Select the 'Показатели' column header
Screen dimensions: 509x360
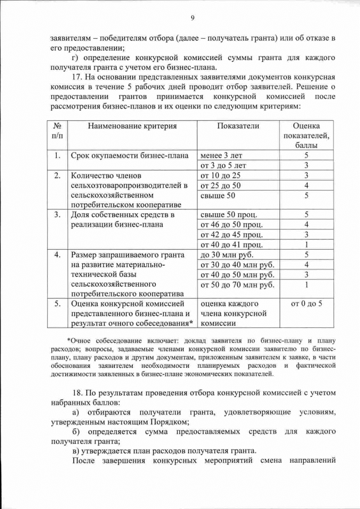(x=238, y=126)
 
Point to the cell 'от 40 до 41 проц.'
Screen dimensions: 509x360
(x=231, y=244)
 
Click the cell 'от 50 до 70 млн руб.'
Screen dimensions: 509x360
(x=237, y=285)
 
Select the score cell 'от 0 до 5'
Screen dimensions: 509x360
(x=307, y=304)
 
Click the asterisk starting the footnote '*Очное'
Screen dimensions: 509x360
(x=69, y=340)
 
